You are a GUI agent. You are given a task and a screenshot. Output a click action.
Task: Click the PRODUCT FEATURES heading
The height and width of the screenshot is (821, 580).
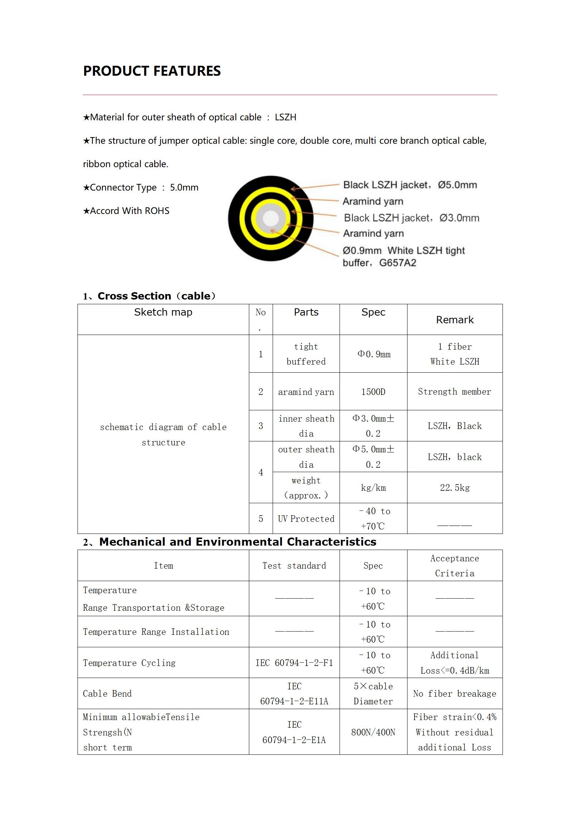click(x=152, y=71)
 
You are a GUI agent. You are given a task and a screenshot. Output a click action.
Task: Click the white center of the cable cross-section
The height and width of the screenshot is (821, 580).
click(x=270, y=219)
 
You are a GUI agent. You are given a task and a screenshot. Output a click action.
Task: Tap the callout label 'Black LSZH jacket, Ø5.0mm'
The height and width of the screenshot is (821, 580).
click(x=410, y=185)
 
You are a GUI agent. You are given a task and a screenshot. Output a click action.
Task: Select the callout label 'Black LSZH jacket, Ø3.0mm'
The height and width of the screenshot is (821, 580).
click(x=411, y=218)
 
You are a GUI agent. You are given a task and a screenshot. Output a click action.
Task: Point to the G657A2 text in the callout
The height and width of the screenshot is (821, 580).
click(x=398, y=263)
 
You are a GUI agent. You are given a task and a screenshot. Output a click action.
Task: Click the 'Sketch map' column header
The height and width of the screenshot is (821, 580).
click(x=163, y=312)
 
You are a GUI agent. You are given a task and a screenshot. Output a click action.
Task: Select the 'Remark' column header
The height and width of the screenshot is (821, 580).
click(x=454, y=320)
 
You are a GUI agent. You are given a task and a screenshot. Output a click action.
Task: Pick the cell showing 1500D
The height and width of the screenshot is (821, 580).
click(x=373, y=392)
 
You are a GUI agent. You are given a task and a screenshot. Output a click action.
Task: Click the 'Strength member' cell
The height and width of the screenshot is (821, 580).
click(x=454, y=392)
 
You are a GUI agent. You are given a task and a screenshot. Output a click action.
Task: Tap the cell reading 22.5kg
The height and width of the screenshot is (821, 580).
click(x=454, y=488)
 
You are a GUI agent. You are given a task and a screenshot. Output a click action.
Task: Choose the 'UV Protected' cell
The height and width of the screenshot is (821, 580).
click(x=306, y=519)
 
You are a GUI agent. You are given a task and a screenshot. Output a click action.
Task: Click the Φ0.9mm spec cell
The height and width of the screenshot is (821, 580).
click(x=374, y=354)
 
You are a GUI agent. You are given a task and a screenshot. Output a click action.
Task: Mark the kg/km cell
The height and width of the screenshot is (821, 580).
click(x=373, y=488)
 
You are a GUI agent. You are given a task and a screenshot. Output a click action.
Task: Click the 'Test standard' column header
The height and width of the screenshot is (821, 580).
click(x=294, y=566)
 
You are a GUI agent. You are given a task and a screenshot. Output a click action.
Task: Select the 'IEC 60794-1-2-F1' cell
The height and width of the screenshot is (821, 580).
click(x=294, y=663)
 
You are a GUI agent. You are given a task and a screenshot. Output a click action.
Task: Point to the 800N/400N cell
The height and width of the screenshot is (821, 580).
click(x=373, y=733)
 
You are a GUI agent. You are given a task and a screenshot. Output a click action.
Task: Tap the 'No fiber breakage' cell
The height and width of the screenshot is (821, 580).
click(x=454, y=694)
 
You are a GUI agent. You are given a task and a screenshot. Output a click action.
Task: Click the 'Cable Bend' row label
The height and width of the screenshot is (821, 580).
click(x=107, y=694)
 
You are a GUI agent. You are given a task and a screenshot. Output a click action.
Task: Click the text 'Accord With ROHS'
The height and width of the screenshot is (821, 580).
click(x=126, y=211)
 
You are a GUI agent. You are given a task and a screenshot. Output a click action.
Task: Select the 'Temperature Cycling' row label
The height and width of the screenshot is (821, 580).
click(x=129, y=663)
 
